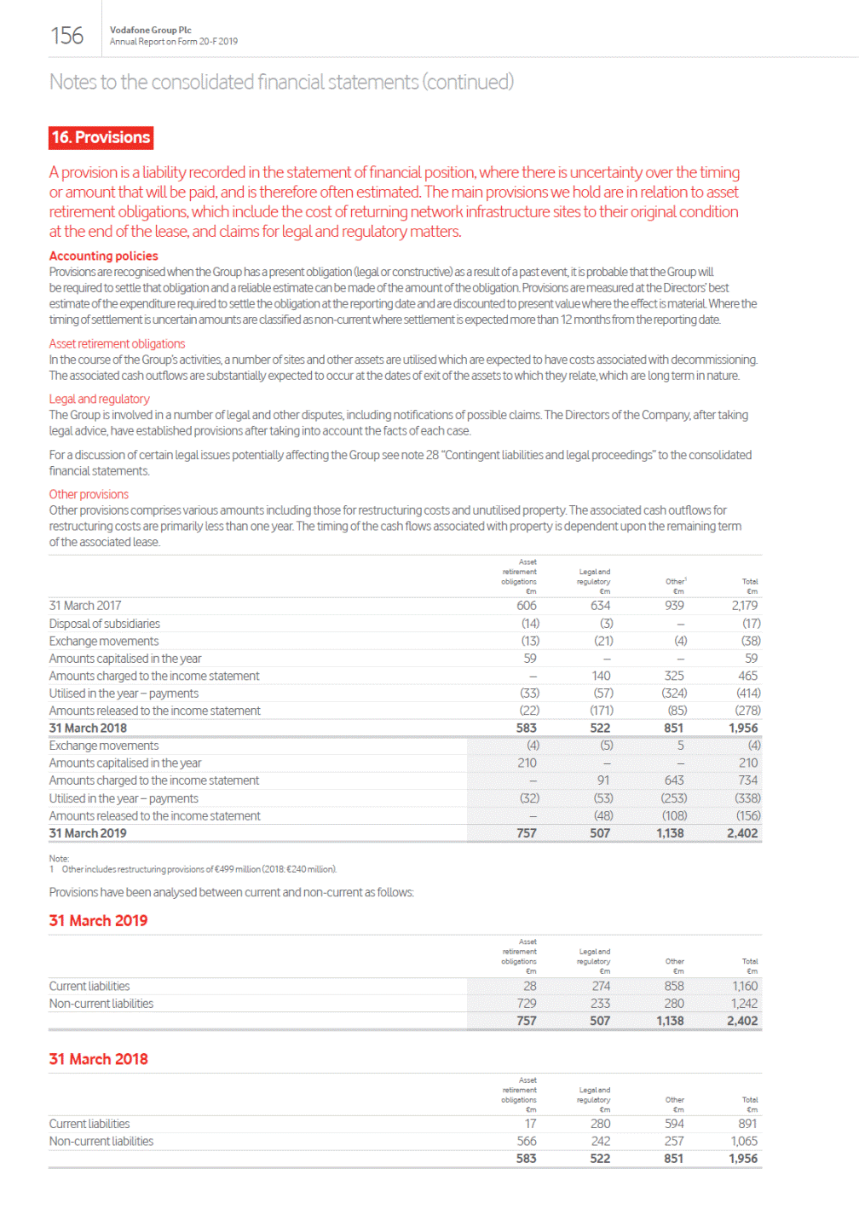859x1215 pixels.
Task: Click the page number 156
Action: click(66, 36)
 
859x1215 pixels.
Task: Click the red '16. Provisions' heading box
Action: click(101, 137)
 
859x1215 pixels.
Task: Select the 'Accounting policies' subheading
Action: click(103, 256)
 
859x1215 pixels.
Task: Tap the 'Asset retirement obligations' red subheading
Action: click(117, 343)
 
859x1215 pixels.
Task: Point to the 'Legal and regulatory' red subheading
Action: click(99, 399)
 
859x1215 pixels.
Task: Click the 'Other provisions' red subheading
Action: click(89, 494)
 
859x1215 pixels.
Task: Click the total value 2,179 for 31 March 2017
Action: click(744, 606)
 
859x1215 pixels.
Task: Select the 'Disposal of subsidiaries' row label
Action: click(104, 624)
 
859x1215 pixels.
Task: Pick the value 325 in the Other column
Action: click(674, 676)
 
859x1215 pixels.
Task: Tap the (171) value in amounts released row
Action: click(602, 711)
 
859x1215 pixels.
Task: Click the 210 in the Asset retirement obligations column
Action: click(527, 763)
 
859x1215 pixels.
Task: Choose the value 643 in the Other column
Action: click(673, 780)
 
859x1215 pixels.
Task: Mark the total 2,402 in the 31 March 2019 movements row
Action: click(742, 833)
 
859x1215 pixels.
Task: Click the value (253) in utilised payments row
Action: click(674, 798)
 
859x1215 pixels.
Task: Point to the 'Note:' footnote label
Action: click(59, 858)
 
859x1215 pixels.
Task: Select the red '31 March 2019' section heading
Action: click(98, 921)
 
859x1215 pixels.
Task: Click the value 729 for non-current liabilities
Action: click(527, 1004)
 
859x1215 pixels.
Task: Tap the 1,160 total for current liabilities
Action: click(745, 986)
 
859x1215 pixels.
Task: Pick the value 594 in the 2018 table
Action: click(674, 1124)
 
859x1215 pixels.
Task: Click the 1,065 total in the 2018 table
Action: click(744, 1141)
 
